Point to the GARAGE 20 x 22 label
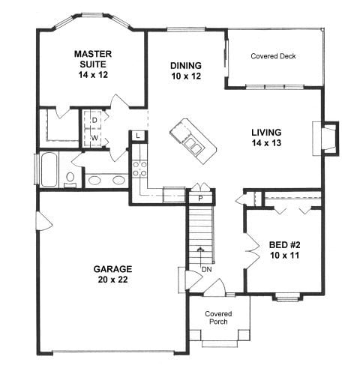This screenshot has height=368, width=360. point(112,274)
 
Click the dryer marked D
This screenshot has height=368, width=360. point(95,119)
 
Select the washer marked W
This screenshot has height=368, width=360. point(95,138)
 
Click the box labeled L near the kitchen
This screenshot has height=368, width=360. point(139,135)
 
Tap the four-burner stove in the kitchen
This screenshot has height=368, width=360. point(140,169)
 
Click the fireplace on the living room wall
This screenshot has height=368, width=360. point(328,139)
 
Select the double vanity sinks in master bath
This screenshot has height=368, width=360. point(106,180)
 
